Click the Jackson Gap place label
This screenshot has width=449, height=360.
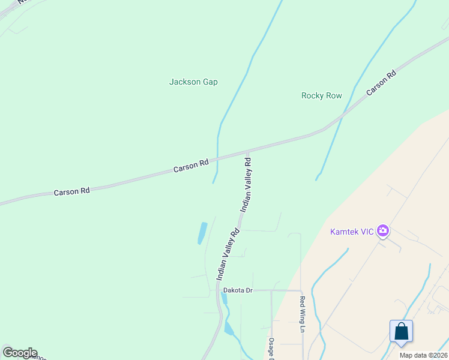tap(193, 82)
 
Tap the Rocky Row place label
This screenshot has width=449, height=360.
tap(321, 95)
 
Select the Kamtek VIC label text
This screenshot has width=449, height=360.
tap(352, 232)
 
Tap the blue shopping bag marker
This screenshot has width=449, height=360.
tap(401, 331)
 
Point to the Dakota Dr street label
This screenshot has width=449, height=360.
tap(238, 290)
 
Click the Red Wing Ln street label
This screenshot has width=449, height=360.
tap(303, 314)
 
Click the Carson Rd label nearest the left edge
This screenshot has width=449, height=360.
tap(71, 191)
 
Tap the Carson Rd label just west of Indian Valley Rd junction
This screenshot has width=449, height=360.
tap(191, 166)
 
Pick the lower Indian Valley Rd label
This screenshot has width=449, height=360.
tap(228, 254)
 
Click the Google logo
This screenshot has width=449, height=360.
tap(19, 353)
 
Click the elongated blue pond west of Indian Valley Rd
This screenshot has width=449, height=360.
tap(202, 233)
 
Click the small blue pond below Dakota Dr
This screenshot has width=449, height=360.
tap(229, 328)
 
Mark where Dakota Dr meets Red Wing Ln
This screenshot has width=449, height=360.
tap(301, 291)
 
